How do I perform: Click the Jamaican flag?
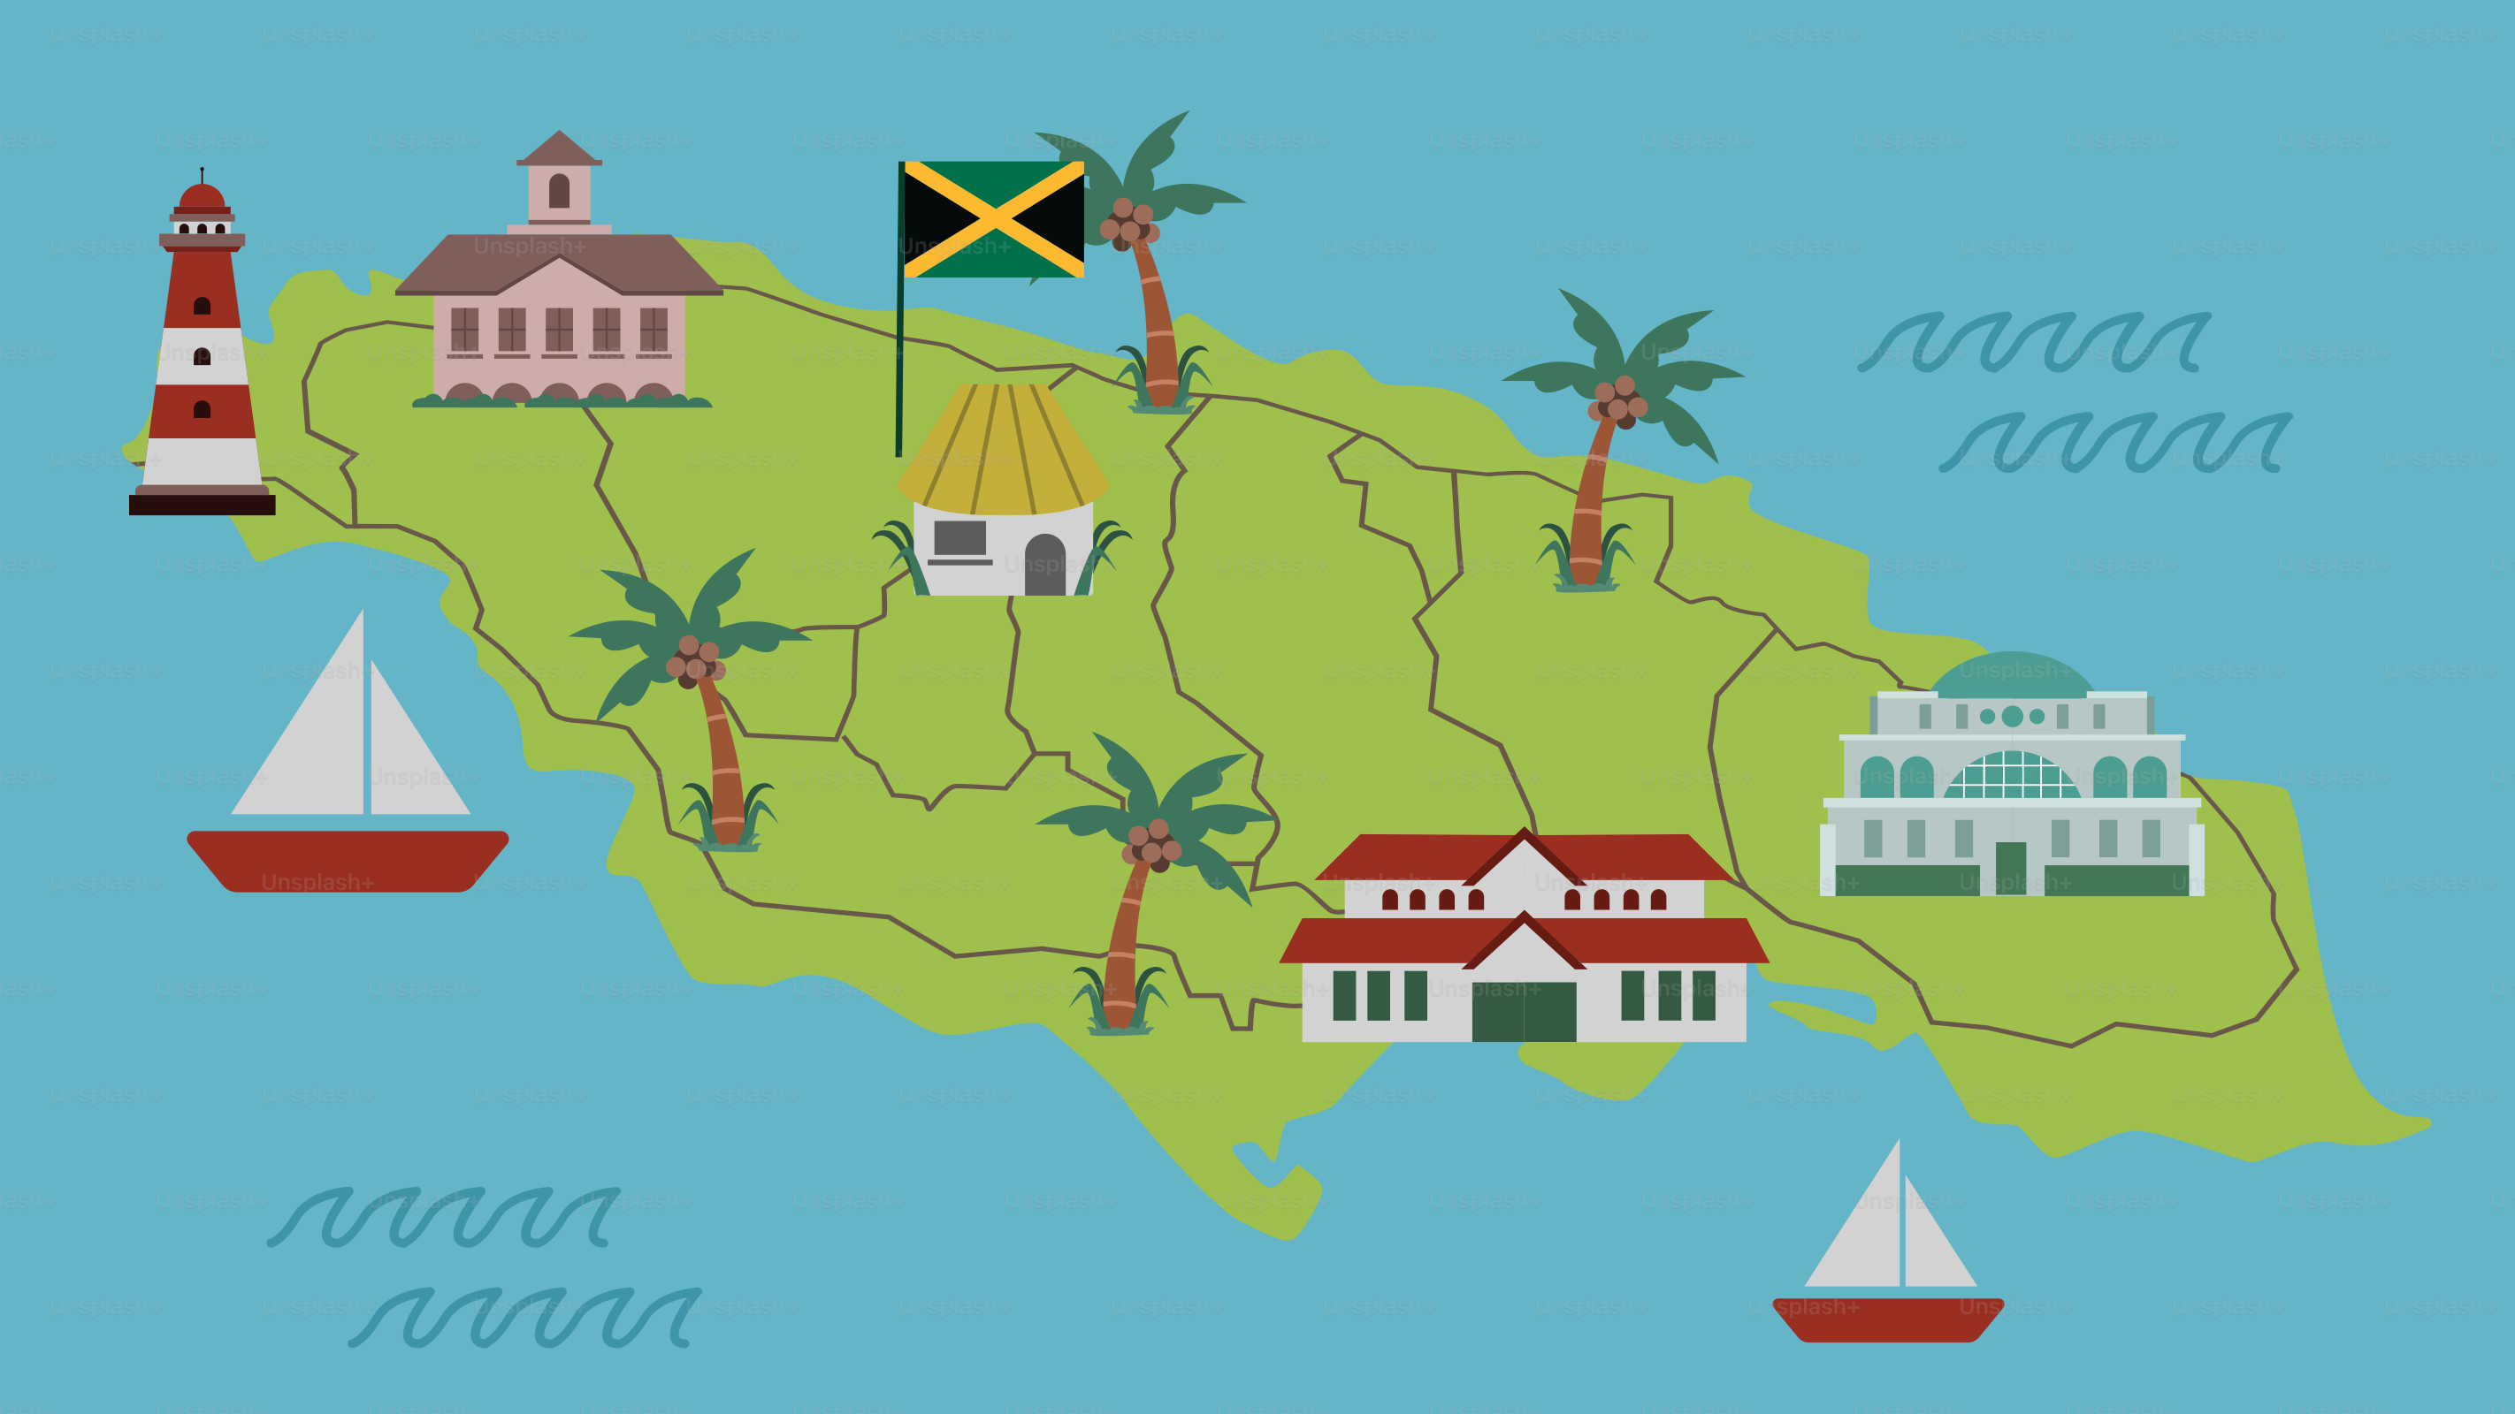[993, 219]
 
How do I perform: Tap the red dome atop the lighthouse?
[203, 197]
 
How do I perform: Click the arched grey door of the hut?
[1044, 566]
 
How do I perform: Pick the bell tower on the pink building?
[560, 186]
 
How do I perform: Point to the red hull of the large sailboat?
[347, 860]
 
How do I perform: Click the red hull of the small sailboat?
[1887, 1319]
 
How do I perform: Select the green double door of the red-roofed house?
[1523, 1011]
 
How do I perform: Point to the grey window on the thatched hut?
[959, 537]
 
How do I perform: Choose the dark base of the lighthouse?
[203, 505]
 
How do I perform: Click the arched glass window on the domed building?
[2011, 776]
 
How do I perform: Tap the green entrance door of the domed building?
[2010, 867]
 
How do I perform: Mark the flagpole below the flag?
[899, 371]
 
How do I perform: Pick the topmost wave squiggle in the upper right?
[2034, 341]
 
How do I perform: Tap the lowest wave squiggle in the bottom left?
[525, 1318]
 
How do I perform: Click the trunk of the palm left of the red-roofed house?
[1124, 937]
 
